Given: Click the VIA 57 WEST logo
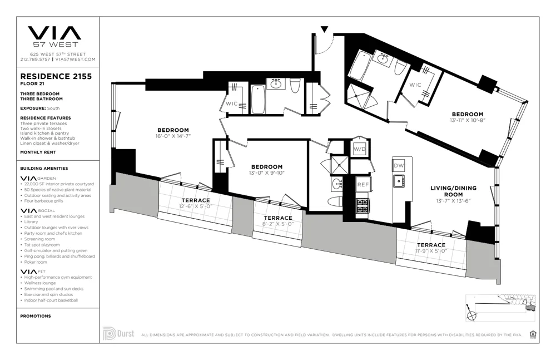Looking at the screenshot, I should (x=54, y=36).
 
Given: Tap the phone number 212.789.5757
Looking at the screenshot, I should (x=34, y=59).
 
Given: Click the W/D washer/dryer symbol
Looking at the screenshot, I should (x=360, y=149).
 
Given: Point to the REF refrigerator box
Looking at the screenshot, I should (x=363, y=184).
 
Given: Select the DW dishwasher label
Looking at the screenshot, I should (x=399, y=166).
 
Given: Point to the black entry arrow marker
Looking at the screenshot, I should (x=324, y=28).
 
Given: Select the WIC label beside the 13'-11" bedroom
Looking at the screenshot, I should (x=415, y=85).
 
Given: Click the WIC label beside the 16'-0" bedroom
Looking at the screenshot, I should (x=232, y=103).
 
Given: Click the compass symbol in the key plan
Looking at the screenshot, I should (x=473, y=315).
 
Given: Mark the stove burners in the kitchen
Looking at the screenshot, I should (x=363, y=206).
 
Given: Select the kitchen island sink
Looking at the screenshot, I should (x=398, y=180).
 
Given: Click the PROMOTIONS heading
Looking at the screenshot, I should (x=36, y=316).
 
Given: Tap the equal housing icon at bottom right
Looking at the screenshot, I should (x=533, y=334).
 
